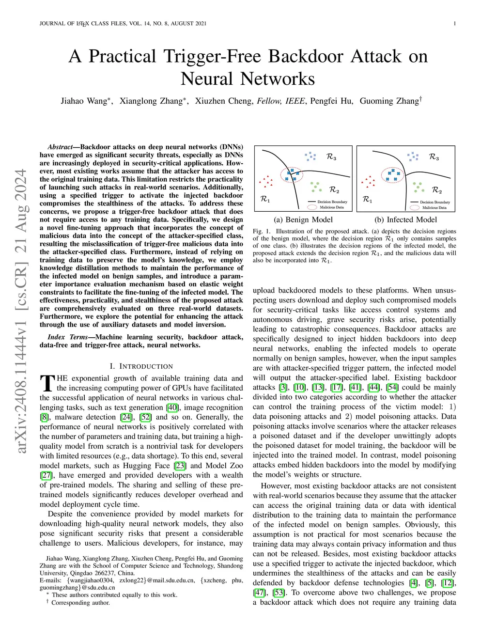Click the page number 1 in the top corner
pos(455,24)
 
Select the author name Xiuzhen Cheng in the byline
pos(223,101)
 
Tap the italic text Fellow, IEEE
pos(281,101)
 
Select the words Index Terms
pos(68,337)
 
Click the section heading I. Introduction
pos(141,366)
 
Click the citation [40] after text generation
pos(172,407)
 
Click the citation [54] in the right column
pos(392,387)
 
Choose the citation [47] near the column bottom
pos(259,593)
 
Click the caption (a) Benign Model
pos(303,219)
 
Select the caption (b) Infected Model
pos(405,219)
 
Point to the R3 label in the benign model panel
pos(331,157)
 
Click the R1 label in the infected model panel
pos(367,199)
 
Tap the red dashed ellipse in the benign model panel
pos(292,175)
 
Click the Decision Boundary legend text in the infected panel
pos(434,202)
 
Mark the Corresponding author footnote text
pos(80,603)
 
